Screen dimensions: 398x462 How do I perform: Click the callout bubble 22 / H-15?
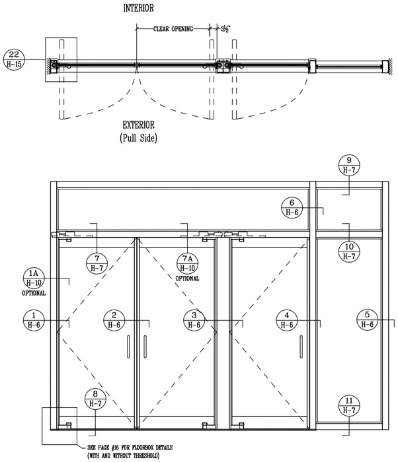14,59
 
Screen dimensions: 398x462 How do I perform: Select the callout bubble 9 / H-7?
349,165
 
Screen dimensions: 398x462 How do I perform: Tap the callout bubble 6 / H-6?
292,208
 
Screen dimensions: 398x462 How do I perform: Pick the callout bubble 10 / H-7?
349,251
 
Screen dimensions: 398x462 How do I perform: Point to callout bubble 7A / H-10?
188,263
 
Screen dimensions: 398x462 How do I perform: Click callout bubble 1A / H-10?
34,279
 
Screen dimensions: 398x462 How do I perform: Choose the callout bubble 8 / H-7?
95,399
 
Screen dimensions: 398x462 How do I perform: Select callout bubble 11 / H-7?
349,405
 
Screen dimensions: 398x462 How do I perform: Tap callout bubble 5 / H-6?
368,319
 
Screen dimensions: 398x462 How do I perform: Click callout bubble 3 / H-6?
194,320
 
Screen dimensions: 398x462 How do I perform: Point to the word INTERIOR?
138,8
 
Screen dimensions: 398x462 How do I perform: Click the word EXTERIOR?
138,125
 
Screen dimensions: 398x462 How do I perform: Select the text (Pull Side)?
138,137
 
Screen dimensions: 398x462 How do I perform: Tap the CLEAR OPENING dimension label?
173,29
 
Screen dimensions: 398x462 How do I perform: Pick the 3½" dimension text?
225,29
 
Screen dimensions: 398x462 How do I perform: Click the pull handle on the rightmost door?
301,346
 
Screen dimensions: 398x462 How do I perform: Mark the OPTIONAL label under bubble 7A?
188,279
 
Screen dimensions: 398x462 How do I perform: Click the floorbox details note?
130,451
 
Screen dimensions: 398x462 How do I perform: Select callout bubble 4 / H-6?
287,320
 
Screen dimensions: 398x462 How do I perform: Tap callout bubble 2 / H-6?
114,320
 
